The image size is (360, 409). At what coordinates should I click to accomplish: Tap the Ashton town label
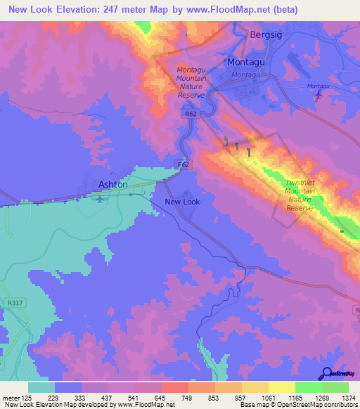[x=112, y=184]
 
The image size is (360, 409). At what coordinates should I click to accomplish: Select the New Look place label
[x=182, y=202]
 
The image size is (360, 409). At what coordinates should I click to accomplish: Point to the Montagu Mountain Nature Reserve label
[x=191, y=82]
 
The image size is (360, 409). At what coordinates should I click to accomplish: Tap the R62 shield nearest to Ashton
[x=183, y=164]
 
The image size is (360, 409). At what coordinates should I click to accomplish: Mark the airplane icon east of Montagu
[x=319, y=94]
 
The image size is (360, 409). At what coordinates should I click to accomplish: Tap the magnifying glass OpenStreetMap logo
[x=326, y=373]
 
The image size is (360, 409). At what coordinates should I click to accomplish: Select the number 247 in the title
[x=115, y=10]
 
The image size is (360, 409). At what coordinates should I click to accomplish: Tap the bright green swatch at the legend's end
[x=335, y=387]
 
